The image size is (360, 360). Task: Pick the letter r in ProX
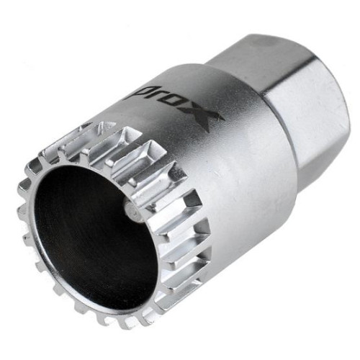pyautogui.click(x=159, y=96)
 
